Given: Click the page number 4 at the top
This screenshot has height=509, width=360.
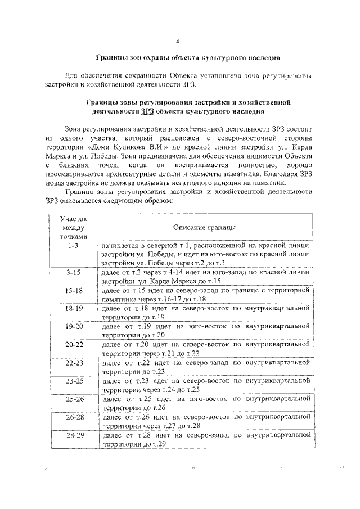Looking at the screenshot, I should point(178,41).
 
